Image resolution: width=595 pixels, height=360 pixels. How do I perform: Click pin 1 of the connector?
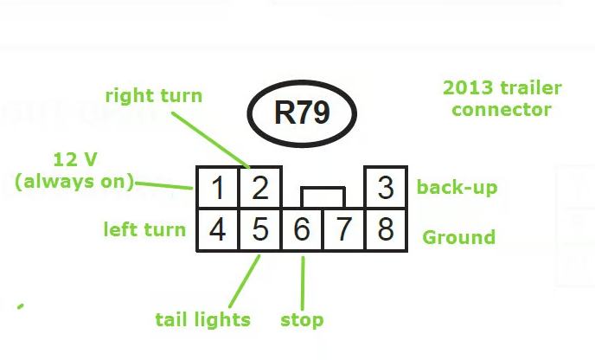[x=218, y=188]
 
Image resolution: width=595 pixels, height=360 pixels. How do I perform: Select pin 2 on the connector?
[x=260, y=188]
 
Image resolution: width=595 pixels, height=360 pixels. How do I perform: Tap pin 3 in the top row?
[x=387, y=188]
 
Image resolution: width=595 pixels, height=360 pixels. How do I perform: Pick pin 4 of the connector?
[x=218, y=230]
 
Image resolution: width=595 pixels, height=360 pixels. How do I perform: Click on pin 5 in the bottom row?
[x=260, y=230]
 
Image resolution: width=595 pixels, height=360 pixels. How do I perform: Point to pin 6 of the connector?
[x=302, y=230]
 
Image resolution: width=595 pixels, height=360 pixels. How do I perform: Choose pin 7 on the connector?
[x=344, y=230]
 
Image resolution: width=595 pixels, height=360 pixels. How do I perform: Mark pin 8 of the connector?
[x=387, y=230]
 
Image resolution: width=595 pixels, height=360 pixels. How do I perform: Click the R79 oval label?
[x=302, y=113]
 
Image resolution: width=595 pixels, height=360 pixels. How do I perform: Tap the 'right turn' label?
[x=153, y=95]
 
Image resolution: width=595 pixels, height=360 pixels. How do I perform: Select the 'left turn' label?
[x=144, y=229]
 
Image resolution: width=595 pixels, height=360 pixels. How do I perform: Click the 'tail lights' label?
[x=202, y=319]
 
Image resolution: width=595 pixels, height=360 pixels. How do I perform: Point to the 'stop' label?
[x=302, y=320]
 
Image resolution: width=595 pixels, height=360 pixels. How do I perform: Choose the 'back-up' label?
[x=457, y=188]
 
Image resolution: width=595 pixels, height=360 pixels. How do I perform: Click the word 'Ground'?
[x=458, y=237]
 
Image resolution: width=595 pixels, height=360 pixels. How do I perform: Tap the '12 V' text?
[x=74, y=160]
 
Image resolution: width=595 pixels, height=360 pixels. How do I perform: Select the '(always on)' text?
[x=75, y=182]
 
